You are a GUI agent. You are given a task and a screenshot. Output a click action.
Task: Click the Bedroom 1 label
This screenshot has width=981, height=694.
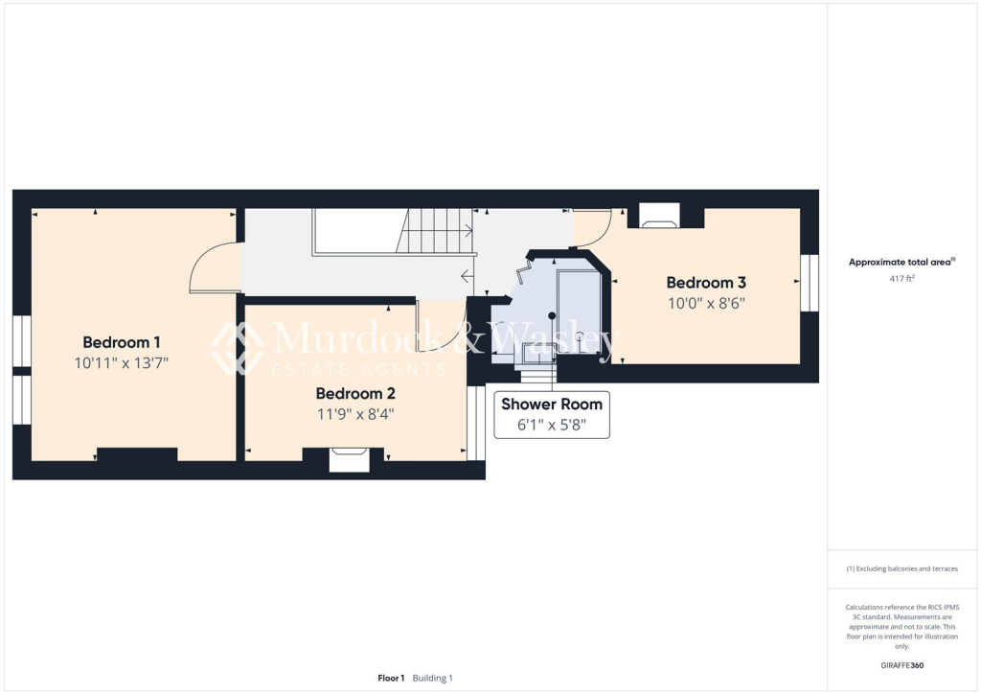tap(122, 342)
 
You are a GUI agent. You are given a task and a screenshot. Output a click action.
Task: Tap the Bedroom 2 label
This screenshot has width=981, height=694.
tap(355, 393)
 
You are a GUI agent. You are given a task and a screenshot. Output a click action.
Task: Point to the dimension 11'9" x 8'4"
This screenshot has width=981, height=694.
tap(355, 414)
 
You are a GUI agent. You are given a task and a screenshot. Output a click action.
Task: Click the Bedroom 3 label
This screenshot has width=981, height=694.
tap(706, 283)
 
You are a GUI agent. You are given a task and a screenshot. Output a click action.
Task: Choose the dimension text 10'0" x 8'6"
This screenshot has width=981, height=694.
tap(706, 303)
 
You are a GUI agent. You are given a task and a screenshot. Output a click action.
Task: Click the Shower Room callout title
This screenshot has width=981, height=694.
tap(551, 405)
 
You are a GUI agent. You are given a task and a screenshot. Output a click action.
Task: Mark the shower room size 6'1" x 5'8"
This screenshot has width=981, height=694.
tap(551, 425)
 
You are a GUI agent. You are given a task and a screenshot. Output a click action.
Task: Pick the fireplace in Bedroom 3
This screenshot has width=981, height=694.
tap(659, 219)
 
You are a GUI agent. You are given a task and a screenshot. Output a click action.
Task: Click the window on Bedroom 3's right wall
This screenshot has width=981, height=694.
tap(810, 283)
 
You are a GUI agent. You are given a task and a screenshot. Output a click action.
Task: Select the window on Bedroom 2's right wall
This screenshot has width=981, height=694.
tap(475, 423)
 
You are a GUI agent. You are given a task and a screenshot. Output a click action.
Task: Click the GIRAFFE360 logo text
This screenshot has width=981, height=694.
tap(903, 665)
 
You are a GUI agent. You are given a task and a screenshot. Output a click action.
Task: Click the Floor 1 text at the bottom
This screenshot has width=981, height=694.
tap(391, 678)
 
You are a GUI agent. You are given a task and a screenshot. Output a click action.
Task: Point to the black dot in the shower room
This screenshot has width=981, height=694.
tap(552, 315)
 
